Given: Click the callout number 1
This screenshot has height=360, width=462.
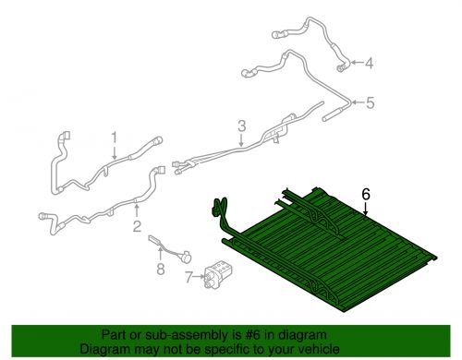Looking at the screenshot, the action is point(115,138).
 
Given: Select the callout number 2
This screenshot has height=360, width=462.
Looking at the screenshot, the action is point(137,226).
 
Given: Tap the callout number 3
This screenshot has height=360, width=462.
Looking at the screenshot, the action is point(242,126).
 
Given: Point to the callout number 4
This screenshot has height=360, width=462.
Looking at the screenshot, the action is point(369,63).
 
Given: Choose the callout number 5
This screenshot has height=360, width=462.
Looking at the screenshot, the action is point(370,102).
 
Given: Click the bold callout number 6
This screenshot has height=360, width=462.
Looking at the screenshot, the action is point(366,194).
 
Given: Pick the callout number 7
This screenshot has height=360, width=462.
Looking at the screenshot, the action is point(189,277).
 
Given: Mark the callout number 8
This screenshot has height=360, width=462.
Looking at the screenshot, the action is point(161,270).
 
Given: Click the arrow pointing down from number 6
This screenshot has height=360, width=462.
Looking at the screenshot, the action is point(366,209).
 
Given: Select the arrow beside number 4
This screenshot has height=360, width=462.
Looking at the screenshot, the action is point(357,63).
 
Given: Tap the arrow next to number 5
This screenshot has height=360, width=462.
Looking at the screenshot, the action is point(358,102).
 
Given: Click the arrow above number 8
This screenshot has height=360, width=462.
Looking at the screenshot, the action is point(160,254).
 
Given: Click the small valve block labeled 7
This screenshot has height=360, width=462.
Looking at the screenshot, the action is point(218,273).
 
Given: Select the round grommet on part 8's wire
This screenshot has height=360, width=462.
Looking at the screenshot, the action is point(186,257).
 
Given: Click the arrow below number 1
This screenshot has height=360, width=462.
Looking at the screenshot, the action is point(115,152).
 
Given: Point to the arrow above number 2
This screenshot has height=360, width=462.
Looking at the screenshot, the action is point(136,211).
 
